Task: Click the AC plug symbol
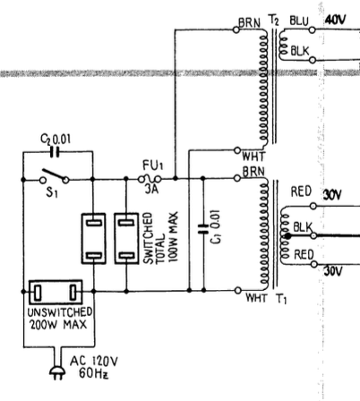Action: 57,372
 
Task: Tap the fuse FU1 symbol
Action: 150,179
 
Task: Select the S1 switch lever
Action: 54,175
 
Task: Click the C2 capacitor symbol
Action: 55,152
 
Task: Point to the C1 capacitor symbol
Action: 203,228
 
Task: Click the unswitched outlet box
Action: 56,292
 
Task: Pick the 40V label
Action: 335,20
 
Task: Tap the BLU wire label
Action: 299,21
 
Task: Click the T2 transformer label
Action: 274,21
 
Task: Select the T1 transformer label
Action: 281,298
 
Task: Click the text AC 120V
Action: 94,362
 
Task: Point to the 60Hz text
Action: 93,373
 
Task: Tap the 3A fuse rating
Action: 151,189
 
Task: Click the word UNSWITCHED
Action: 59,312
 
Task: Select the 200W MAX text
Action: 58,324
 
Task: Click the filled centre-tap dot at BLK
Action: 287,236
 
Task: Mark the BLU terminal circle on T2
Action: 312,30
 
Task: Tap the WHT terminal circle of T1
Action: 237,290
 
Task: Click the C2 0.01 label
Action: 56,139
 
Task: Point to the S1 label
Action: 52,192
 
